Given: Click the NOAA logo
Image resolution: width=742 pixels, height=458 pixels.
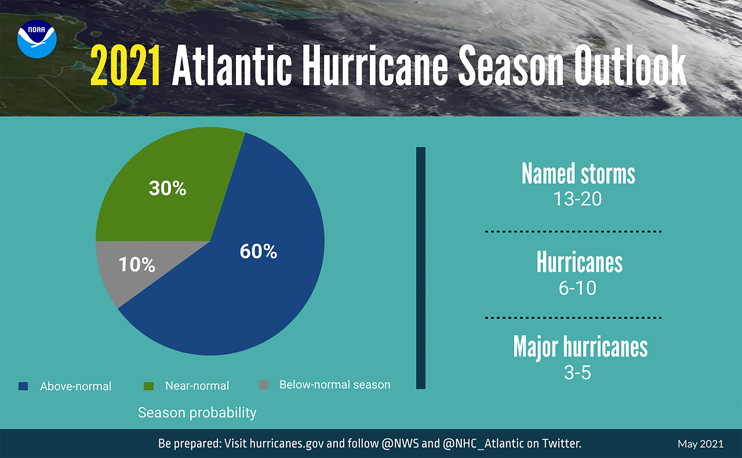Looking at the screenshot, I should [37, 39].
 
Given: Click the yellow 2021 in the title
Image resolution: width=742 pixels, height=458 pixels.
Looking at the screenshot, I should [125, 65].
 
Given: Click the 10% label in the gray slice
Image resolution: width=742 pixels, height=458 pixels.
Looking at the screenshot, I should [137, 264].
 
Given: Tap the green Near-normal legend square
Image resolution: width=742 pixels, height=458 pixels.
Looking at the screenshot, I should [149, 386].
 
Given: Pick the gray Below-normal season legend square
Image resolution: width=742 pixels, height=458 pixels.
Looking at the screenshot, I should [264, 385].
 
